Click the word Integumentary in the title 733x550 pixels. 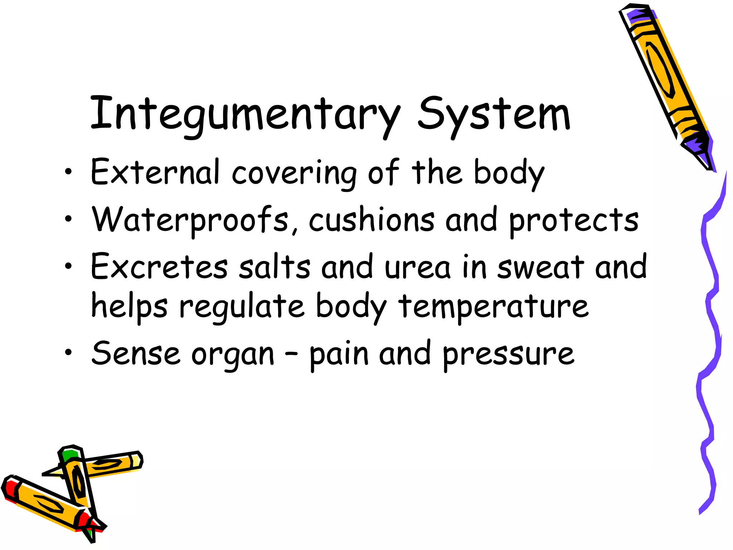[x=245, y=115]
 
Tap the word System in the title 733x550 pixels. [x=494, y=115]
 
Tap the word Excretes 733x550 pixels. [x=159, y=267]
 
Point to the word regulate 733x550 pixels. [x=242, y=307]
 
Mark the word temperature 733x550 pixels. [x=494, y=307]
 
